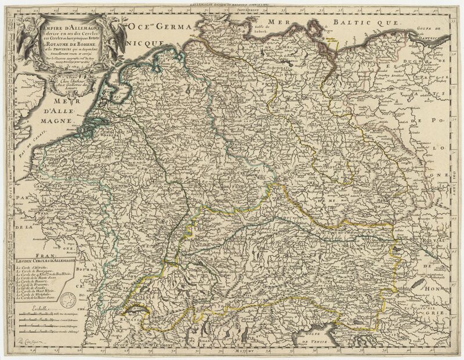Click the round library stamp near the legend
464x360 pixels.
click(70, 298)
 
